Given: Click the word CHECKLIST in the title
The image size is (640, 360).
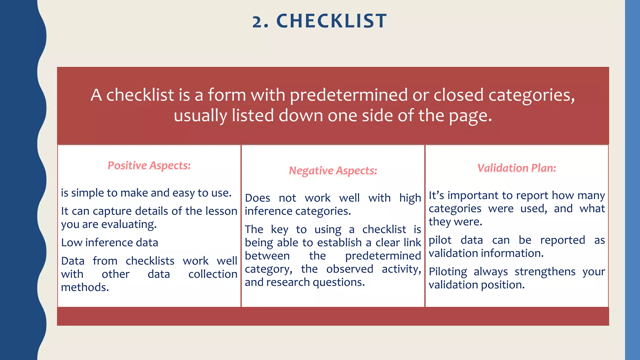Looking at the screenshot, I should point(332,21).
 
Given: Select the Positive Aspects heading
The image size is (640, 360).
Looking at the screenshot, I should point(149,165).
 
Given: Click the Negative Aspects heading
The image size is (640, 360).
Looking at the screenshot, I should point(333,171).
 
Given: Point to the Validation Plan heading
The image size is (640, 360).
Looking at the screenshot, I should point(517,168).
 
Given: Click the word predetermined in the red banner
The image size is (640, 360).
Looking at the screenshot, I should point(348,95).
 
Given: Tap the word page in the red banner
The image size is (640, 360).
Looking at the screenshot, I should point(470,116).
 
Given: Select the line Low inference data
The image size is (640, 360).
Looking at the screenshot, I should point(109,242).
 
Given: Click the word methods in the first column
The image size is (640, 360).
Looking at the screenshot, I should point(85,287).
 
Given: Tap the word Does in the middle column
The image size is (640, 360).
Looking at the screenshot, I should point(257,198).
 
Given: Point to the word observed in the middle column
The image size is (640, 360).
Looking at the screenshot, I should point(349,269).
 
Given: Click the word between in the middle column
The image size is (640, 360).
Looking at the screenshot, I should point(267,256).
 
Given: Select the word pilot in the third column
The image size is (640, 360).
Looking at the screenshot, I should point(440,240).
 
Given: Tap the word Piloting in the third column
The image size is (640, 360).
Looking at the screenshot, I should point(447,272).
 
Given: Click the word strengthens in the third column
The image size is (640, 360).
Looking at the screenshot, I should point(545,272).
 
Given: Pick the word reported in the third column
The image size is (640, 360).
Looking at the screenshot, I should point(562,240).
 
